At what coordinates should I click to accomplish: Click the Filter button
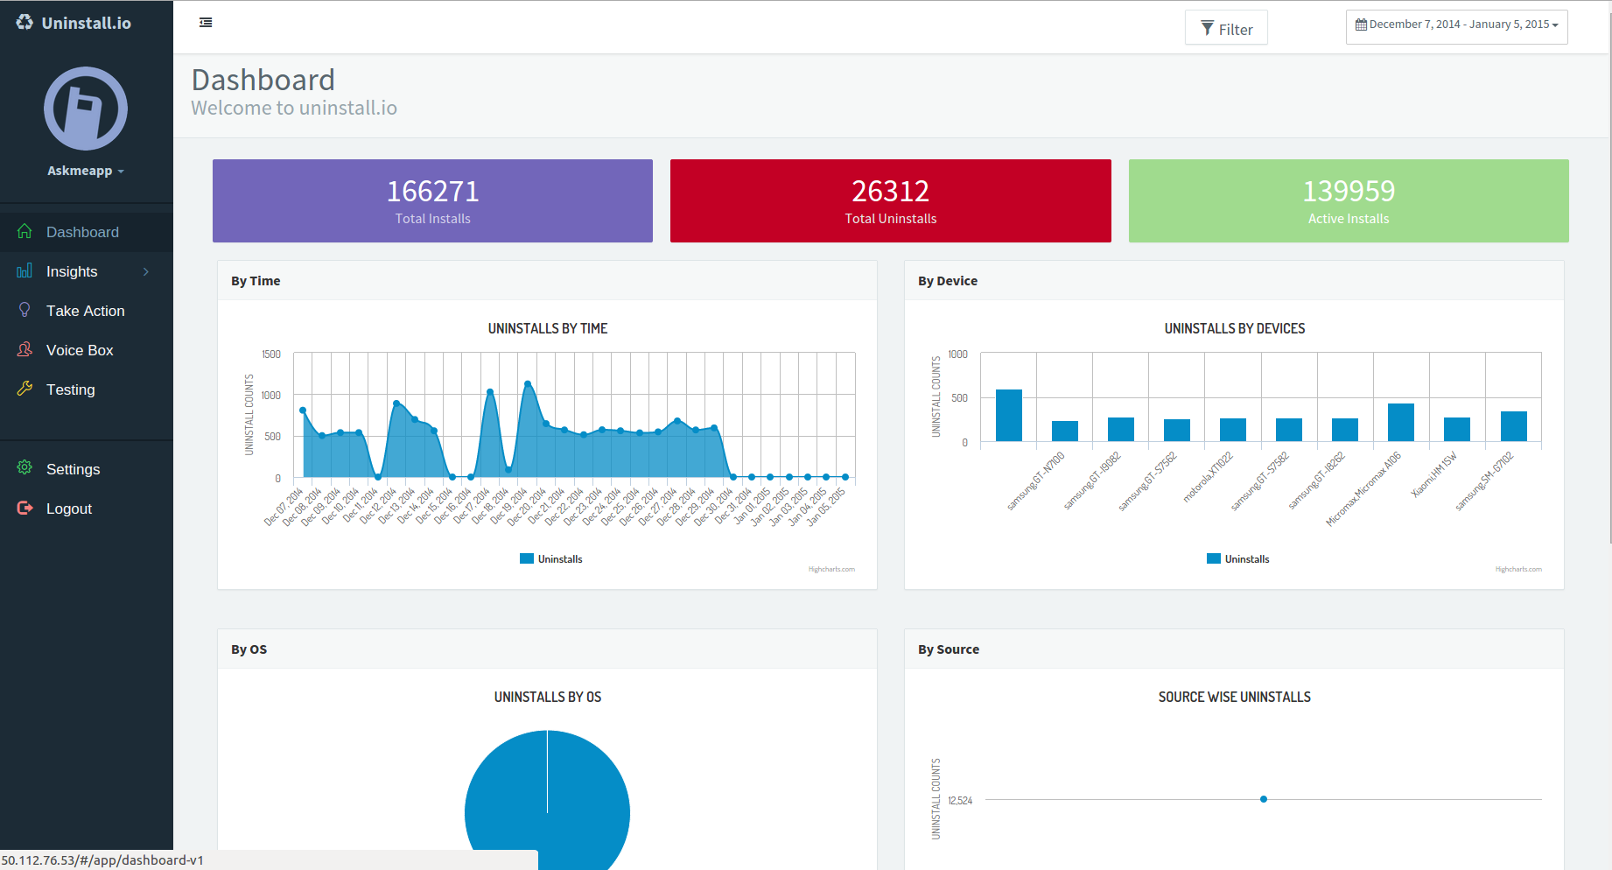[x=1226, y=29]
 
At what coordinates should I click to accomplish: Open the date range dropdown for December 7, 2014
[x=1456, y=25]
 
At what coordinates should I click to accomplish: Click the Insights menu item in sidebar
[x=72, y=271]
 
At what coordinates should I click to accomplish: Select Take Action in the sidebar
[x=85, y=311]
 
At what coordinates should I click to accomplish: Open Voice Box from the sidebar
[x=80, y=350]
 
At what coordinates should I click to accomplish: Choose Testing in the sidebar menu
[x=70, y=389]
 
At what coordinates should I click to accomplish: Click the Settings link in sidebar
[x=73, y=469]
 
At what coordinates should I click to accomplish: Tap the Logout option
[x=68, y=509]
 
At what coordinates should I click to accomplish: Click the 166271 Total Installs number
[x=432, y=192]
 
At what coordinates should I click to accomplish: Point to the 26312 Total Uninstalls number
[x=890, y=192]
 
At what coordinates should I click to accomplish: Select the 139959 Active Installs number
[x=1348, y=192]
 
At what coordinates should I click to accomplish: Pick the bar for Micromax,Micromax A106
[x=1401, y=423]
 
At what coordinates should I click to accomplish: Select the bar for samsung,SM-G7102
[x=1513, y=426]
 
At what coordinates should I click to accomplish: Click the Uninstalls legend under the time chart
[x=551, y=559]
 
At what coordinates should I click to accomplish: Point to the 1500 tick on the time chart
[x=271, y=354]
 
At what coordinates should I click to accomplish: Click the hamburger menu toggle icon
[x=206, y=23]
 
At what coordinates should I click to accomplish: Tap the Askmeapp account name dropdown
[x=85, y=171]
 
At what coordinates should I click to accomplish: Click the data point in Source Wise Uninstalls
[x=1264, y=799]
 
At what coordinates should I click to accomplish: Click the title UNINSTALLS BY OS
[x=548, y=698]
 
